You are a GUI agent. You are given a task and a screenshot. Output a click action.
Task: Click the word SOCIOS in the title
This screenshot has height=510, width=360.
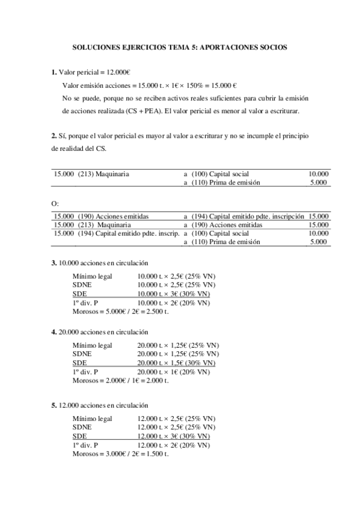(272, 46)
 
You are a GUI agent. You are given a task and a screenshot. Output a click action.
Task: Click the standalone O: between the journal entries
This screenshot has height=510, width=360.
(55, 204)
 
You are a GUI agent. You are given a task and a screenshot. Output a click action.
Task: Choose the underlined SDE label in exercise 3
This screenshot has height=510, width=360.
(79, 293)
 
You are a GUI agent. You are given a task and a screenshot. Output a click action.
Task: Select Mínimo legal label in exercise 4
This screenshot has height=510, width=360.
(92, 346)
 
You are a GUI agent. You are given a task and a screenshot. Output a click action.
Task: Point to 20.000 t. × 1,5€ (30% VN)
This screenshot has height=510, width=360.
(175, 363)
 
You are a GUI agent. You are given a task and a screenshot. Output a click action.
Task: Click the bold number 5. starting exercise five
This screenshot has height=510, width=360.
(54, 405)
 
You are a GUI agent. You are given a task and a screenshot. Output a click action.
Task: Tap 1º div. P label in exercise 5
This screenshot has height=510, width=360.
(85, 445)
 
